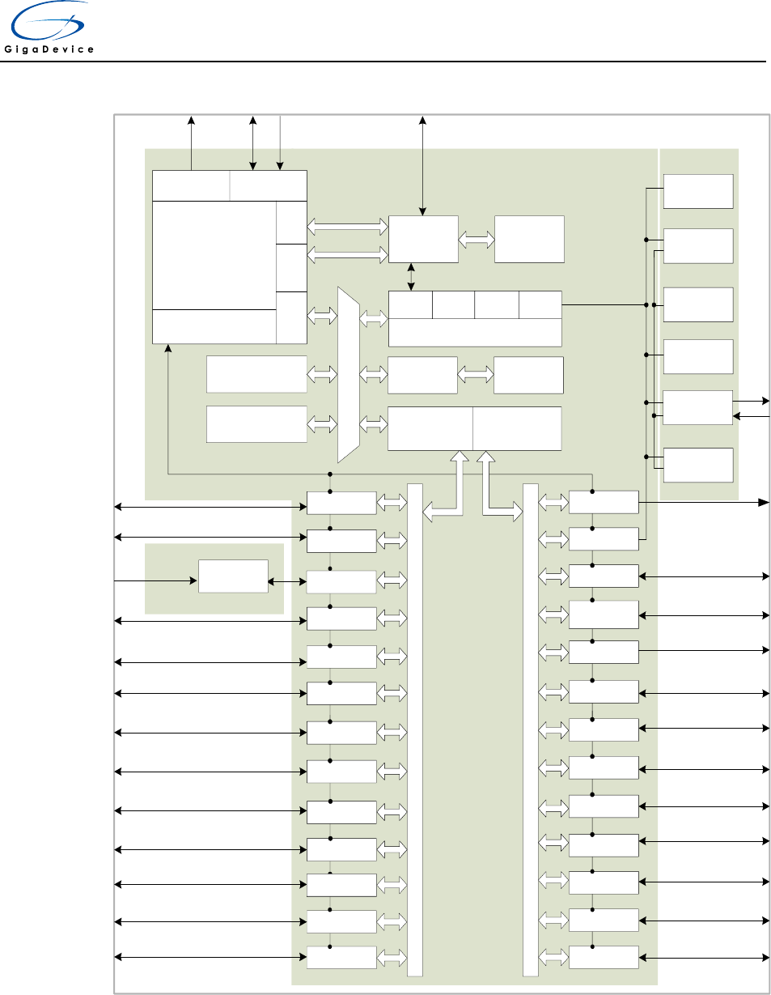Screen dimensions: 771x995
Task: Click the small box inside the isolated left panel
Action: (233, 576)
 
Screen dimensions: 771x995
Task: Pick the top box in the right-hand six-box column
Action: (698, 191)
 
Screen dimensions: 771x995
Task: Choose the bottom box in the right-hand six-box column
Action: (698, 465)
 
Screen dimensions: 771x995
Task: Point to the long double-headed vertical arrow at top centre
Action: (422, 166)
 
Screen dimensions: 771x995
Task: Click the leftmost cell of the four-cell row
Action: (410, 304)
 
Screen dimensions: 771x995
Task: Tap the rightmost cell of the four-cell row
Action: (540, 304)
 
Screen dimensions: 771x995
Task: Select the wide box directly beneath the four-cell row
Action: (475, 333)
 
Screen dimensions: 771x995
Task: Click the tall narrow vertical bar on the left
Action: (415, 729)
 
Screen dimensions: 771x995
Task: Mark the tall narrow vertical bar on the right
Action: (531, 729)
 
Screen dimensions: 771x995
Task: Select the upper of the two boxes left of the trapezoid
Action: (256, 373)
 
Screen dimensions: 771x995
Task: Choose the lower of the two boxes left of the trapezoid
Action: (256, 424)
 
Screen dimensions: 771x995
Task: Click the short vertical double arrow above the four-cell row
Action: (412, 276)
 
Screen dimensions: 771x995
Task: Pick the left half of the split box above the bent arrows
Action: (430, 428)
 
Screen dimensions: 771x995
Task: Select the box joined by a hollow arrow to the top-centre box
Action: (529, 239)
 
